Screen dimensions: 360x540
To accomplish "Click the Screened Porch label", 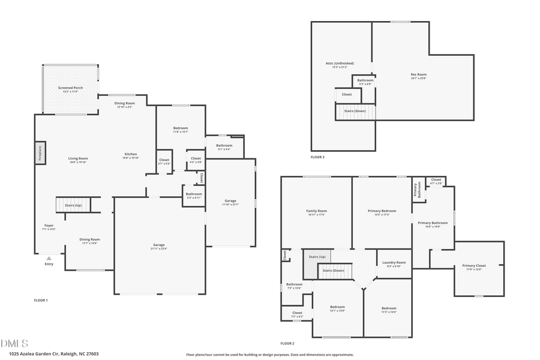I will point(70,88).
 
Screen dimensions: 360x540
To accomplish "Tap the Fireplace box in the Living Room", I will point(39,153).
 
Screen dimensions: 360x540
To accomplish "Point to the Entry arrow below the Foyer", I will point(49,259).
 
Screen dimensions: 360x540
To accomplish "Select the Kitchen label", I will point(131,154).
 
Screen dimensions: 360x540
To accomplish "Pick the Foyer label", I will point(49,226).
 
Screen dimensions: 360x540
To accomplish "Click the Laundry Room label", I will point(394,262).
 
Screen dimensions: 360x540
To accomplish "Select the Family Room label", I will point(316,211).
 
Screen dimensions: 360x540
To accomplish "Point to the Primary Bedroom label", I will point(382,211).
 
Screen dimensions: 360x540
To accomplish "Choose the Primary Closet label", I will point(473,266).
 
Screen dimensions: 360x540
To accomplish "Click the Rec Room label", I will point(418,74).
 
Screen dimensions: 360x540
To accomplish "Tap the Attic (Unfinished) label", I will point(340,63).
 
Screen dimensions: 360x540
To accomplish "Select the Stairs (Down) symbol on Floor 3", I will point(355,111).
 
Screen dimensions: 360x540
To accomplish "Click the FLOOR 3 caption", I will point(317,157).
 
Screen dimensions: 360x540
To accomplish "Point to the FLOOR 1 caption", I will point(41,299).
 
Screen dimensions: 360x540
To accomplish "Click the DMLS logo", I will point(15,343).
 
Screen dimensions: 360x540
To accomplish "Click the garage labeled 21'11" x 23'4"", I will point(159,245).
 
